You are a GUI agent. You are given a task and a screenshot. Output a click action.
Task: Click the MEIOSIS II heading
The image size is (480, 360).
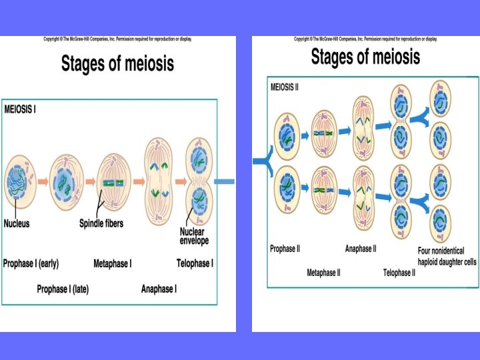[285, 85]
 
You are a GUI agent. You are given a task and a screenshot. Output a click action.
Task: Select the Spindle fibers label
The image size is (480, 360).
[101, 224]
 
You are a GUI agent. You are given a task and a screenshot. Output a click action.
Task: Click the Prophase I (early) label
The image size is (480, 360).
[31, 263]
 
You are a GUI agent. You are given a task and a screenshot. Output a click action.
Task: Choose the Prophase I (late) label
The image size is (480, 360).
[63, 289]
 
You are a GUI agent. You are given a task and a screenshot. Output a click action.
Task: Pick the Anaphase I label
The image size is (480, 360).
[159, 289]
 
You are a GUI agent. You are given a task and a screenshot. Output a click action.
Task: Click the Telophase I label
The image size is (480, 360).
[195, 263]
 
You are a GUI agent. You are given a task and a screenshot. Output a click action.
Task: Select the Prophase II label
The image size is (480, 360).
[285, 249]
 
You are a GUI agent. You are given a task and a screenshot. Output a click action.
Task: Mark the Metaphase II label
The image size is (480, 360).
[323, 273]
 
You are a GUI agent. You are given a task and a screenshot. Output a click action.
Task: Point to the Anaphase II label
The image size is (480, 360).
[361, 249]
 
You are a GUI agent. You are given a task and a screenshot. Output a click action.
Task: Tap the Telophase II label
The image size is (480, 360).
[399, 273]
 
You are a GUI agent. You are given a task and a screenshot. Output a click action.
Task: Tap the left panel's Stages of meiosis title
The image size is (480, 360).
[117, 64]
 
